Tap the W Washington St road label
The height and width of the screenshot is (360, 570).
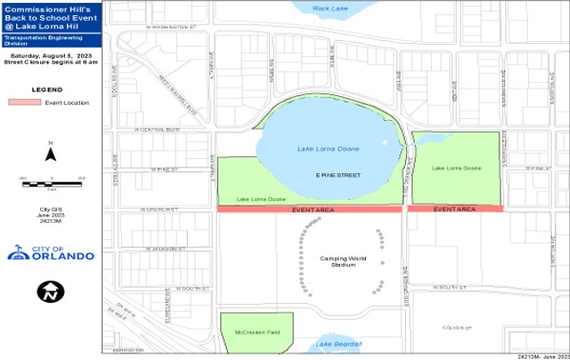pos(171,28)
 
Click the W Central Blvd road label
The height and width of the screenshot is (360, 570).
pos(157,129)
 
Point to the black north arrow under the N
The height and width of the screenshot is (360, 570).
pos(51,154)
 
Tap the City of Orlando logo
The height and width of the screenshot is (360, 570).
pos(51,252)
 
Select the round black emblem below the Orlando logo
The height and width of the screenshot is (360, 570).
pos(51,291)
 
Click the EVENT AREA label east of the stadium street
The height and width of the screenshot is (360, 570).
pos(454,209)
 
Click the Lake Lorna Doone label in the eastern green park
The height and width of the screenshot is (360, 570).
pos(457,168)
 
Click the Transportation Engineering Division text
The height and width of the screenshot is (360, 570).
pos(51,42)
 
